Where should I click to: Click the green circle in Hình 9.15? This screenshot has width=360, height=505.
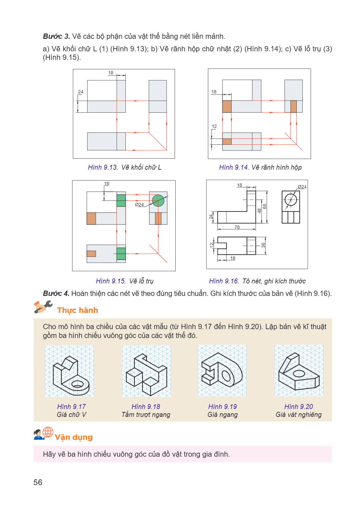coord(158,201)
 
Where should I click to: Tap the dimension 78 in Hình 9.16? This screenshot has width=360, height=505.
coord(237,227)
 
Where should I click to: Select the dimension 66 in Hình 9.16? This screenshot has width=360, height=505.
coord(265,206)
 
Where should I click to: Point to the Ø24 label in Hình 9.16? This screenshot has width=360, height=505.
coord(302,187)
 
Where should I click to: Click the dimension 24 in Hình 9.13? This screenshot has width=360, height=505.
coord(81,92)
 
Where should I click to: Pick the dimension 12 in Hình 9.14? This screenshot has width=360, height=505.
coord(214,127)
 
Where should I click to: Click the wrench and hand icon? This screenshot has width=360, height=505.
coord(43,307)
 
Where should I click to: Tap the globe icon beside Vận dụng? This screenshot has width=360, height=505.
coord(48,432)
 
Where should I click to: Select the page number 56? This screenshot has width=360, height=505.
coord(38,482)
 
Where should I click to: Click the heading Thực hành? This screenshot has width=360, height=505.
coord(77,310)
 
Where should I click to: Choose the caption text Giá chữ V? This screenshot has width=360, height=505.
coord(71,415)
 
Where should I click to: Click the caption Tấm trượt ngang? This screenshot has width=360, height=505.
coord(146,415)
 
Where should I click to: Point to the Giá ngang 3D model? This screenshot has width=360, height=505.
coord(222,370)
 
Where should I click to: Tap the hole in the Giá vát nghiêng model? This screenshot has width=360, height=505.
coord(299,373)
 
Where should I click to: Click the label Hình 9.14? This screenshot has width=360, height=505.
coord(234,167)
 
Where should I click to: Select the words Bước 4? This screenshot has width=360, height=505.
coord(56,293)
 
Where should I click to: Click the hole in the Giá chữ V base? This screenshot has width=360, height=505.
coord(77,384)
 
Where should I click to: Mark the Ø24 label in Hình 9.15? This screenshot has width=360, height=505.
coord(139,204)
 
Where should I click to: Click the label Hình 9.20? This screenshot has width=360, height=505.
coord(298,406)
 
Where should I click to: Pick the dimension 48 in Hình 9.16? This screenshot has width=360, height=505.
coord(259,211)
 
